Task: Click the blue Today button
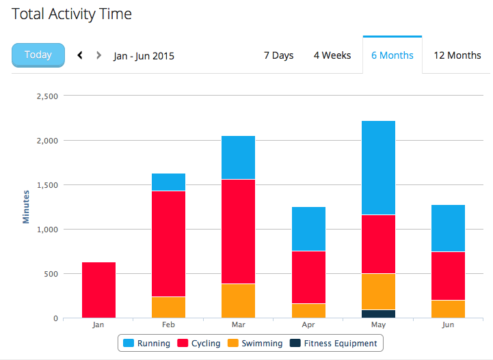coord(38,55)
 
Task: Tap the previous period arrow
coord(80,55)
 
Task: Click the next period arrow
coord(98,55)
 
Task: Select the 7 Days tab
coord(278,55)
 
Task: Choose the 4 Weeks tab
coord(332,55)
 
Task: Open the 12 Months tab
coord(457,55)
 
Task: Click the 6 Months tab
coord(392,55)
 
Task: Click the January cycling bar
coord(98,290)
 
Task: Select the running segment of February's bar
coord(168,182)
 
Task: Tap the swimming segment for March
coord(239,301)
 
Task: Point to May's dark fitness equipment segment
coord(379,314)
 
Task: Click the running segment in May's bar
coord(379,168)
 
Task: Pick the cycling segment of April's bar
coord(309,277)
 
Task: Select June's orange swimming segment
coord(448,309)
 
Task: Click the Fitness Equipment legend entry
coord(333,344)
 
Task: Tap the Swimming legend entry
coord(255,344)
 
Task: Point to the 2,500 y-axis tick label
coord(47,96)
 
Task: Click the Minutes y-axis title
coord(26,207)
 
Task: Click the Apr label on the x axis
coord(308,324)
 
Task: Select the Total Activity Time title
coord(72,14)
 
